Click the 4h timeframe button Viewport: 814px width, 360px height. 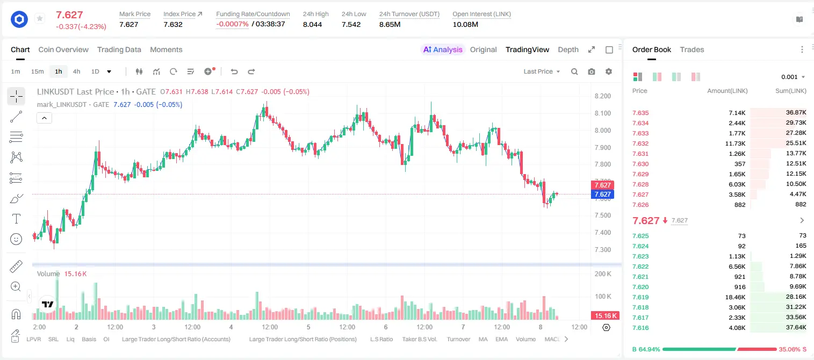click(x=76, y=71)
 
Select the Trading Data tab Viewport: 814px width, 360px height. click(x=119, y=49)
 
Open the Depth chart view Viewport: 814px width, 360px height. click(x=568, y=49)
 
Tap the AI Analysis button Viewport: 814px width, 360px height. click(x=443, y=49)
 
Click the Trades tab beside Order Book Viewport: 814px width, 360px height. click(x=692, y=49)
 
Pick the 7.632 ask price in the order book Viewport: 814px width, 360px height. click(x=640, y=143)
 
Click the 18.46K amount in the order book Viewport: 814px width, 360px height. click(x=735, y=297)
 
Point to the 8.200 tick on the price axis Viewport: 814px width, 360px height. click(x=602, y=96)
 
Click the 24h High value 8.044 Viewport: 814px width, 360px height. click(x=313, y=24)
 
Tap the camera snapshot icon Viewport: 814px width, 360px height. click(x=592, y=71)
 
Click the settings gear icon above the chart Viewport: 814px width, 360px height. click(x=609, y=71)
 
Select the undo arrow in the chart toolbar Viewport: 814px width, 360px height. click(x=234, y=71)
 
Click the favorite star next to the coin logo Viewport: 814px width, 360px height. click(x=40, y=18)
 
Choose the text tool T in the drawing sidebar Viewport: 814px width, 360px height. click(x=16, y=219)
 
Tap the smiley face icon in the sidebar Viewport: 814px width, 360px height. click(x=16, y=239)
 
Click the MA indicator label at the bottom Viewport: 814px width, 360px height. click(x=483, y=339)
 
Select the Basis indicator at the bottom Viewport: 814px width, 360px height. click(x=89, y=339)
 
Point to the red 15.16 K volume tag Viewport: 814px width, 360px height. click(x=605, y=316)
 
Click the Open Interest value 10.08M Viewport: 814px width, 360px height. click(x=465, y=24)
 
